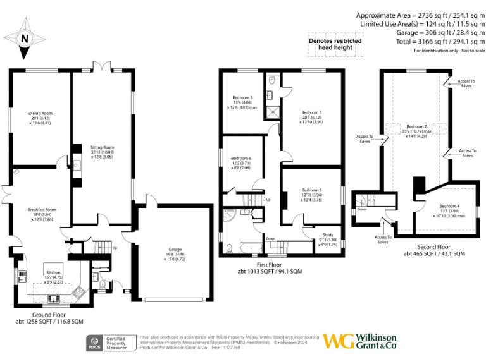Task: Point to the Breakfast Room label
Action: pyautogui.click(x=42, y=209)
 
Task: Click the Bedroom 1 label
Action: pyautogui.click(x=311, y=112)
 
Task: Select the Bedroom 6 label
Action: pyautogui.click(x=240, y=158)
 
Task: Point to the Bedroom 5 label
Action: pyautogui.click(x=311, y=190)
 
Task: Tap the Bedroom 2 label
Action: pyautogui.click(x=416, y=127)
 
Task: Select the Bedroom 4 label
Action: pyautogui.click(x=450, y=207)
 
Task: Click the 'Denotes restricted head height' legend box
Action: pyautogui.click(x=335, y=44)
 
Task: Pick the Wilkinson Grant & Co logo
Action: pyautogui.click(x=359, y=341)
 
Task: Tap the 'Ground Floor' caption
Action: pyautogui.click(x=49, y=314)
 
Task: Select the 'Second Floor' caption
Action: pyautogui.click(x=434, y=246)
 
